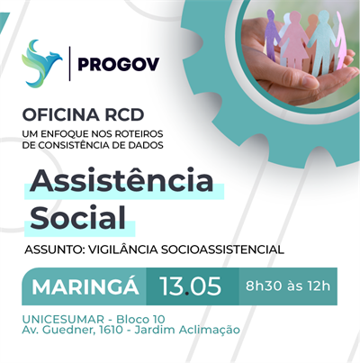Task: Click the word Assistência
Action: [x=122, y=180]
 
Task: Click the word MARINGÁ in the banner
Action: [x=85, y=287]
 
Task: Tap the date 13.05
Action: [x=190, y=287]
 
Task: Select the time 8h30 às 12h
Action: [x=288, y=287]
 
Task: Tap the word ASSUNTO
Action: [x=55, y=249]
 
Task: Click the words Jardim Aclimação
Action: [x=196, y=331]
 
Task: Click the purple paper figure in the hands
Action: [x=272, y=40]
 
